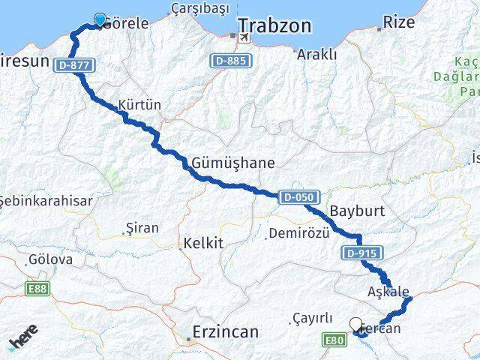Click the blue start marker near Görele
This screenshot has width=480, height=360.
100,20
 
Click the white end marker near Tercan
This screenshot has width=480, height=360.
356,324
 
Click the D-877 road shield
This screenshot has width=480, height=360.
74,66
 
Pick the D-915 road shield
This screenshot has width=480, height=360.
361,253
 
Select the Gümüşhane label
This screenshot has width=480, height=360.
233,162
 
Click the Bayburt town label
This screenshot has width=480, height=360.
357,211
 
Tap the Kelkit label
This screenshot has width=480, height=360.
202,244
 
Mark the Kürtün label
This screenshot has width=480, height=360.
139,106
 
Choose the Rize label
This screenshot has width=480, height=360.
398,22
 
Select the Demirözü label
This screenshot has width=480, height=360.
298,233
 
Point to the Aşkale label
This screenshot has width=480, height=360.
388,291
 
